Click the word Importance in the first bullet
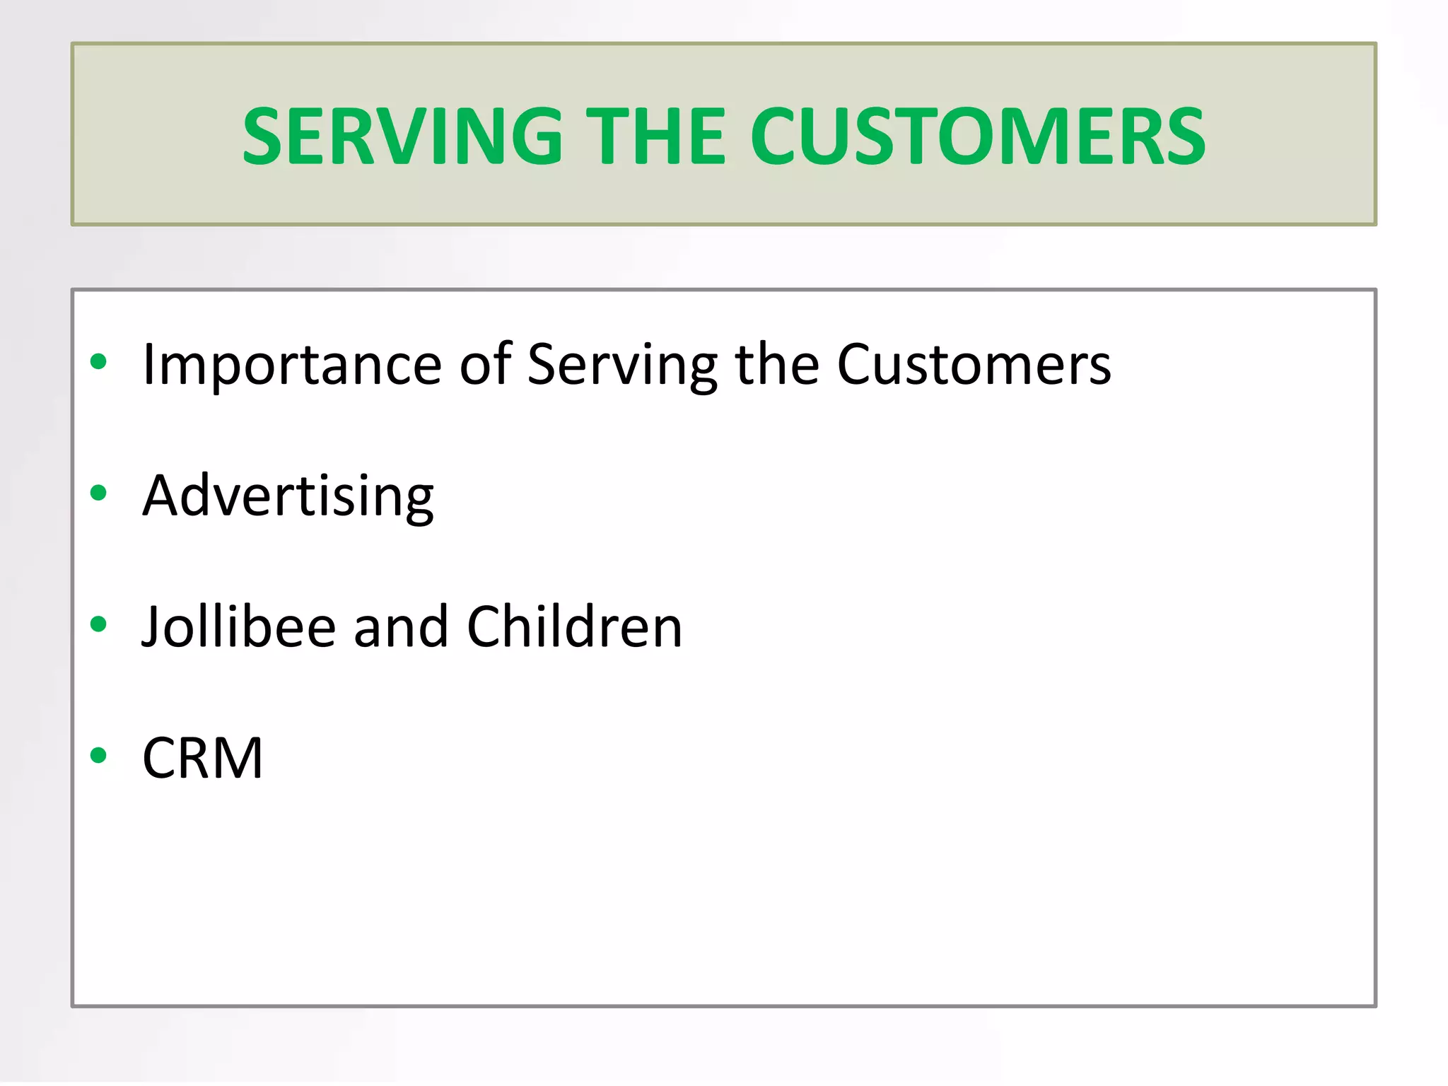click(x=292, y=365)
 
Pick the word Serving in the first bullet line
click(x=622, y=365)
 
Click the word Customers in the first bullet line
click(x=974, y=365)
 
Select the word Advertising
click(x=288, y=496)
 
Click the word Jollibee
click(x=238, y=626)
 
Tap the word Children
click(x=574, y=626)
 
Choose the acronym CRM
click(x=203, y=758)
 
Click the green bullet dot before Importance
click(x=98, y=362)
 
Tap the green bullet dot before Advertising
click(x=98, y=493)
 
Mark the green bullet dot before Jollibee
click(x=98, y=624)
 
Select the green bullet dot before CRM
click(x=98, y=755)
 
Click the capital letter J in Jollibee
click(x=152, y=628)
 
